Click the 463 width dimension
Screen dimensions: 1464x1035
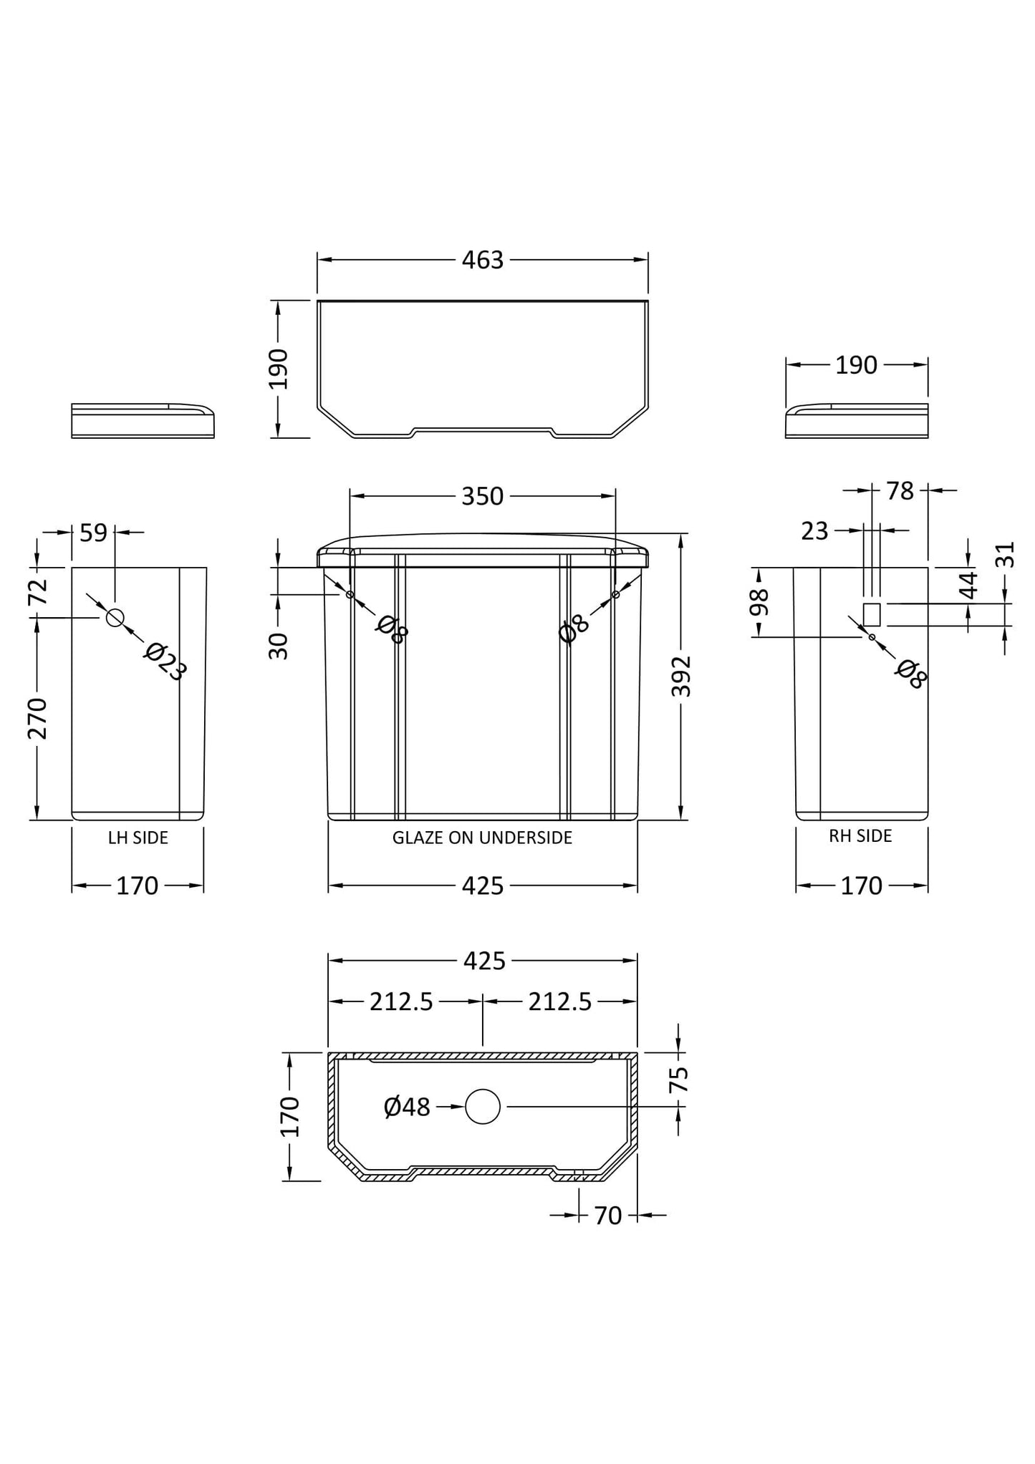pyautogui.click(x=483, y=261)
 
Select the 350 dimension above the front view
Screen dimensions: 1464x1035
pyautogui.click(x=483, y=496)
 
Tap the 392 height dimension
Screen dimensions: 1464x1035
pyautogui.click(x=681, y=676)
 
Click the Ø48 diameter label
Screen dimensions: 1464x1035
pyautogui.click(x=407, y=1107)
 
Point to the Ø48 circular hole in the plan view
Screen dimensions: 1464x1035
pyautogui.click(x=482, y=1107)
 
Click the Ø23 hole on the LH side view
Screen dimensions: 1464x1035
pyautogui.click(x=115, y=617)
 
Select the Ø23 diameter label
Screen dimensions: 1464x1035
pyautogui.click(x=165, y=661)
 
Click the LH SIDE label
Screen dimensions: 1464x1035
pyautogui.click(x=138, y=838)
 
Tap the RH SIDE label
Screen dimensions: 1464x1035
pyautogui.click(x=860, y=836)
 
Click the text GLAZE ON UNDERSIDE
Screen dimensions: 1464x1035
pyautogui.click(x=482, y=838)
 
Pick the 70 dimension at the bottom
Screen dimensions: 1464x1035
pyautogui.click(x=607, y=1216)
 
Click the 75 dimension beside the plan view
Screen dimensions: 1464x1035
pyautogui.click(x=678, y=1079)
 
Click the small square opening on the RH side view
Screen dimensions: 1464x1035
pyautogui.click(x=872, y=614)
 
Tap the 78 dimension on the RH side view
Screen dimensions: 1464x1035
pyautogui.click(x=900, y=491)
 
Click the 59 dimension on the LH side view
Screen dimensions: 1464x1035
pyautogui.click(x=93, y=533)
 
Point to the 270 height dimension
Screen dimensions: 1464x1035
pyautogui.click(x=37, y=718)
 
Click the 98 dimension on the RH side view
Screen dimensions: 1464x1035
pyautogui.click(x=759, y=603)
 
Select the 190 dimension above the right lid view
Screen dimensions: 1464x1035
pyautogui.click(x=856, y=365)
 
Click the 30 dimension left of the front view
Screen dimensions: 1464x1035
pyautogui.click(x=279, y=646)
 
